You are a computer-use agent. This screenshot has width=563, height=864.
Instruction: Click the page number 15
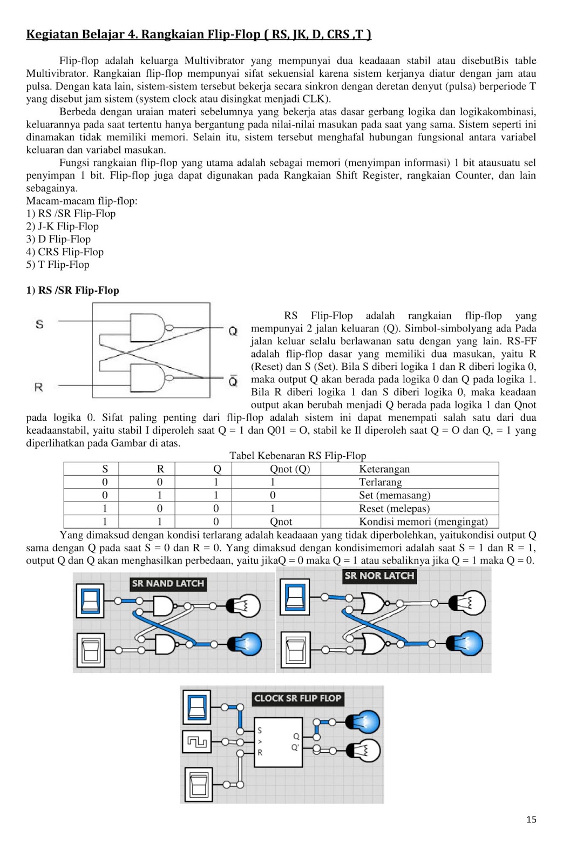click(x=531, y=819)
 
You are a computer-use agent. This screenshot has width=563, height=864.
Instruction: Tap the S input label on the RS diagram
click(x=39, y=324)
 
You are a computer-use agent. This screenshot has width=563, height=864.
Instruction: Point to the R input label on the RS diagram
click(x=38, y=387)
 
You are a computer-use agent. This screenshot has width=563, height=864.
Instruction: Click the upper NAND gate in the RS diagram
click(x=148, y=327)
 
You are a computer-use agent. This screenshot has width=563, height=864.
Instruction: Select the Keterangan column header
click(x=384, y=469)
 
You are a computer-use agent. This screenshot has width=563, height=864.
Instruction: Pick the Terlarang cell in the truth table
click(x=381, y=482)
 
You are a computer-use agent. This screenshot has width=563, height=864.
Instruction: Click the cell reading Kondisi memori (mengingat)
click(x=423, y=522)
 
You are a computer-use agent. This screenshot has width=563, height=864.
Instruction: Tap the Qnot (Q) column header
click(x=290, y=469)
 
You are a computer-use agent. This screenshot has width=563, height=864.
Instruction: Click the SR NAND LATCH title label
click(x=168, y=583)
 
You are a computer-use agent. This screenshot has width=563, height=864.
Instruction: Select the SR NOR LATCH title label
click(x=379, y=576)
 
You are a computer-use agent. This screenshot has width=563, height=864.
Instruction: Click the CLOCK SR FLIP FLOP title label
click(x=297, y=698)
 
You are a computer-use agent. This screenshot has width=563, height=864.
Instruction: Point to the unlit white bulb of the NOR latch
click(x=467, y=603)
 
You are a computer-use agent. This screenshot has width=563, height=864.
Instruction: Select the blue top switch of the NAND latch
click(x=89, y=600)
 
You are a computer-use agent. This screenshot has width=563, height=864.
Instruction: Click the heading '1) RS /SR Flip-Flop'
click(x=73, y=290)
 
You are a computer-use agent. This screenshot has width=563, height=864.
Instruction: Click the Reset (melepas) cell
click(x=394, y=508)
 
